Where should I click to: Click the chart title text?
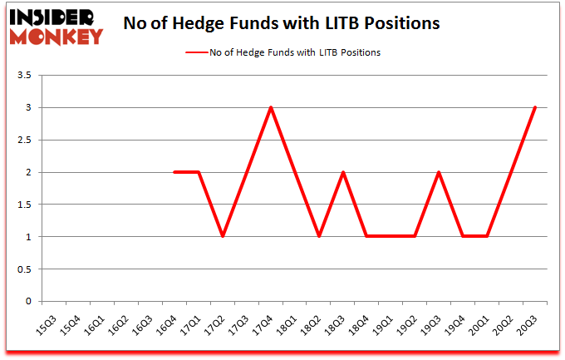pyautogui.click(x=281, y=24)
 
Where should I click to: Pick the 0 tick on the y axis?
pyautogui.click(x=28, y=302)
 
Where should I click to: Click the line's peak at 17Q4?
pyautogui.click(x=271, y=108)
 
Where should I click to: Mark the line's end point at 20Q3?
pyautogui.click(x=535, y=108)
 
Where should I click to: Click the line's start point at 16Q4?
pyautogui.click(x=174, y=172)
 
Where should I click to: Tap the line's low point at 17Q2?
pyautogui.click(x=223, y=237)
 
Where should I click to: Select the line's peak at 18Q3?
pyautogui.click(x=343, y=172)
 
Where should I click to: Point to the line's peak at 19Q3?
pyautogui.click(x=439, y=172)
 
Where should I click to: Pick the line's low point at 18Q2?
pyautogui.click(x=319, y=237)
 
